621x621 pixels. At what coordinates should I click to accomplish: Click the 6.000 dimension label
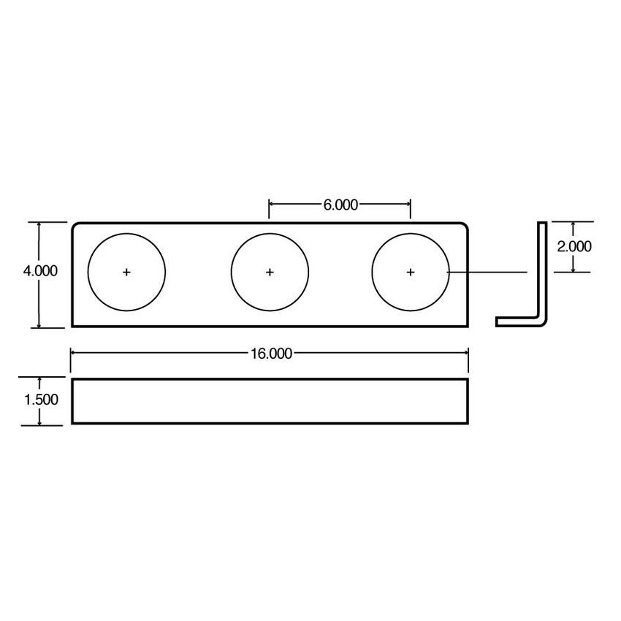tap(340, 205)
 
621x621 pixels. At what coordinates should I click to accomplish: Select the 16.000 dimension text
tap(270, 354)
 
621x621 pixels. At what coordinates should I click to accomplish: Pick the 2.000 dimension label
tap(574, 246)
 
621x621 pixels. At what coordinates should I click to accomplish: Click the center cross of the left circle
tap(127, 272)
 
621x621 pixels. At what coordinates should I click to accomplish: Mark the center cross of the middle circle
tap(270, 272)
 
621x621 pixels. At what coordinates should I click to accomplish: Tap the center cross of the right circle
tap(411, 272)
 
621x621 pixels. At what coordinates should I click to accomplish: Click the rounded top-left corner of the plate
tap(75, 226)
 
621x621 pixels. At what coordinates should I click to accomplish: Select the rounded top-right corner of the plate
tap(464, 226)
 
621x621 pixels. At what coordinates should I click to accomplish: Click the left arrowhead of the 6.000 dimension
tap(273, 205)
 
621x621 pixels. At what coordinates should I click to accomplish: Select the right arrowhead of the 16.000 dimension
tap(465, 354)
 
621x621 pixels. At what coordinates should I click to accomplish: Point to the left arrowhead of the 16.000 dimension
tap(74, 354)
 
